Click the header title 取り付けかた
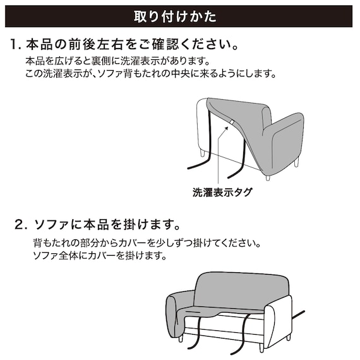[180, 16]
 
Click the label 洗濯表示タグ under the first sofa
[222, 192]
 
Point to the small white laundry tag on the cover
[233, 122]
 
